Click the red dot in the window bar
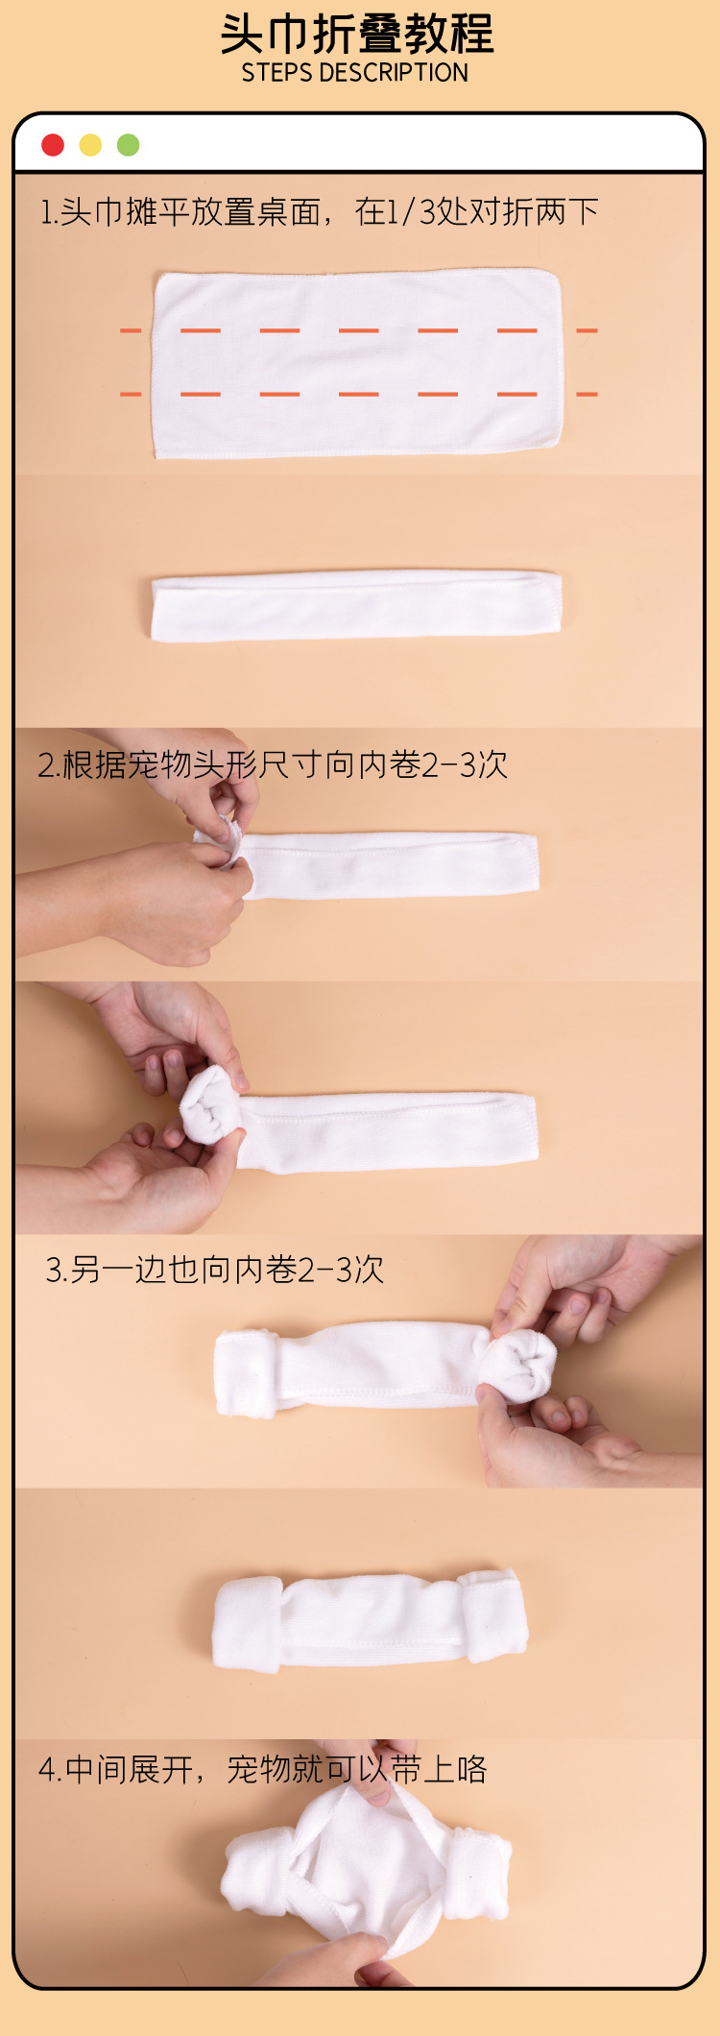(x=53, y=145)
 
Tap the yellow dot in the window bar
(x=90, y=145)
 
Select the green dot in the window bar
(x=128, y=145)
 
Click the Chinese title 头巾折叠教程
(x=356, y=35)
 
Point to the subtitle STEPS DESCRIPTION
(x=354, y=73)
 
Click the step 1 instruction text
(x=319, y=211)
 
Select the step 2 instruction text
(x=272, y=764)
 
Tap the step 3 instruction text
(x=214, y=1270)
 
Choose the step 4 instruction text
(x=262, y=1769)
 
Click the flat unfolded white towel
(x=356, y=363)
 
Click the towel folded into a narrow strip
(x=356, y=605)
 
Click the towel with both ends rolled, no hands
(x=370, y=1621)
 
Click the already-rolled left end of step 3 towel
(x=246, y=1373)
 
